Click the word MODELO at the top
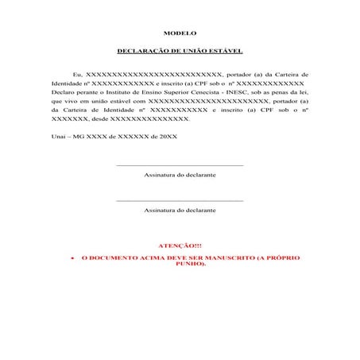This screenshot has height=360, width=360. click(x=180, y=33)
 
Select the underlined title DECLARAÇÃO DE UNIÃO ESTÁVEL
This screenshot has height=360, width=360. click(x=180, y=50)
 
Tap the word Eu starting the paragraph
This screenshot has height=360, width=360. click(x=76, y=72)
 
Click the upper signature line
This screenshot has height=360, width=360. click(x=180, y=165)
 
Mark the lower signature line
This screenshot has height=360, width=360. click(x=180, y=201)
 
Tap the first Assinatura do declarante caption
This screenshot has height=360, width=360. click(x=180, y=173)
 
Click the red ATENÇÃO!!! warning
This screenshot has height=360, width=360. click(x=180, y=246)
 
